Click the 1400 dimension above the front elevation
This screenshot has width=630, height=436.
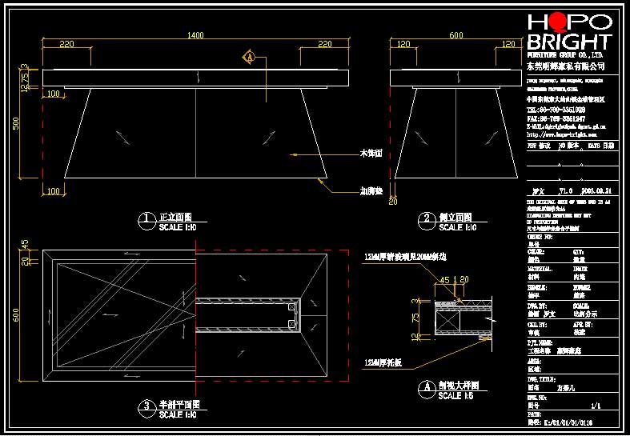click(195, 36)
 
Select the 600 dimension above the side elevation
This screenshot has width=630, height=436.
click(455, 36)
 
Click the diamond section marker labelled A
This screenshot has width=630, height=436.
click(250, 58)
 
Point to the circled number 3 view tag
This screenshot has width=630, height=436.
click(146, 406)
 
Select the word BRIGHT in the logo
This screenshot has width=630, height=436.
click(569, 42)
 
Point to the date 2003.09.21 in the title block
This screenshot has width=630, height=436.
click(599, 192)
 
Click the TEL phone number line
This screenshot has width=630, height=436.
click(556, 110)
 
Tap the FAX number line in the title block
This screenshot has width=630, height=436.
click(556, 118)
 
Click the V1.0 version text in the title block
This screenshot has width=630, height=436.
click(565, 192)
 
